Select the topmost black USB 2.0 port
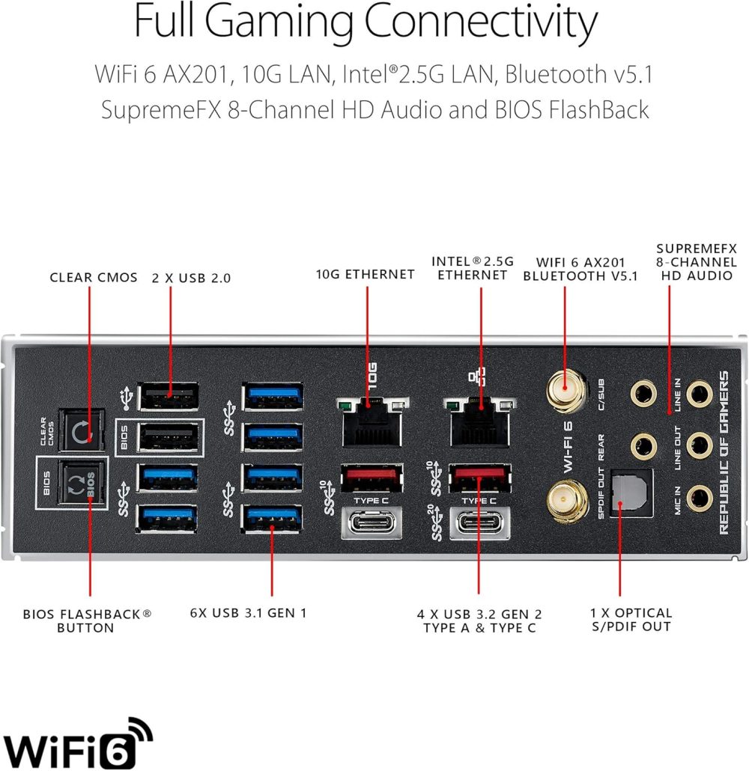tap(169, 396)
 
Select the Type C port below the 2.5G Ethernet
tap(479, 522)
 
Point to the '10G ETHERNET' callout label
tap(365, 275)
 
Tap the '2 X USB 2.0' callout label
tap(192, 278)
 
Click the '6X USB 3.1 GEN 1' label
tap(249, 613)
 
